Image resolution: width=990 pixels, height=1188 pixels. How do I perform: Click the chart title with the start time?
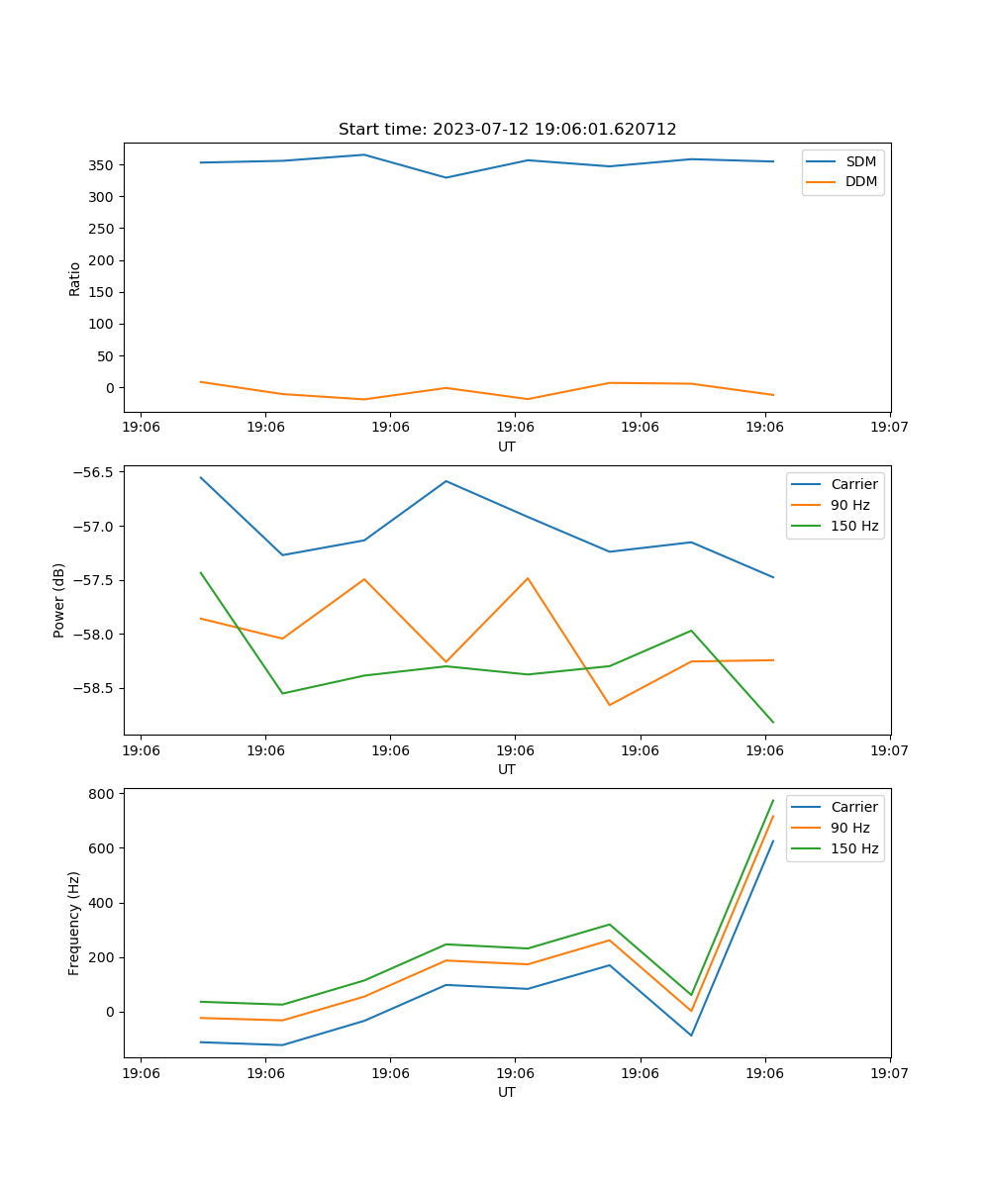[507, 130]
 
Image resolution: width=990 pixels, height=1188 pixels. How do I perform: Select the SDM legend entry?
[860, 161]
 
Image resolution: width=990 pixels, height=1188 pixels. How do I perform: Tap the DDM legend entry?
[860, 182]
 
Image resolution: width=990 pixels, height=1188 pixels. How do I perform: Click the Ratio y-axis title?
[74, 278]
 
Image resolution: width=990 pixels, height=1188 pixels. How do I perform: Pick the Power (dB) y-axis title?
[59, 600]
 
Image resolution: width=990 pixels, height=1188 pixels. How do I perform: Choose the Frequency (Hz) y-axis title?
[74, 923]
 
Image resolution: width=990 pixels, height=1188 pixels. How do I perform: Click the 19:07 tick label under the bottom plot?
[890, 1072]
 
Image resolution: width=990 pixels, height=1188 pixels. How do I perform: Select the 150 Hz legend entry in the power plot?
[854, 526]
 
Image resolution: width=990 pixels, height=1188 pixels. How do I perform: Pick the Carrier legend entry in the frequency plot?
[854, 807]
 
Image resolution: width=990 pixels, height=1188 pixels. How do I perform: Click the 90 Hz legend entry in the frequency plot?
[850, 828]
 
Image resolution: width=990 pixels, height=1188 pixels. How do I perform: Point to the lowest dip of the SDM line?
[445, 178]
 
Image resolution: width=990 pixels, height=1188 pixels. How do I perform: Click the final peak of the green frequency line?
[773, 800]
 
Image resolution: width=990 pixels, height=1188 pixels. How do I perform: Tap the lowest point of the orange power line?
[609, 705]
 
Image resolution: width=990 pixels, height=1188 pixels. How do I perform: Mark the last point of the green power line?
[773, 723]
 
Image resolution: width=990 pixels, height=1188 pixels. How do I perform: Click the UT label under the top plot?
[507, 446]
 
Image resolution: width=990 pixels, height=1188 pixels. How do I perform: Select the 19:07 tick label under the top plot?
[890, 427]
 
